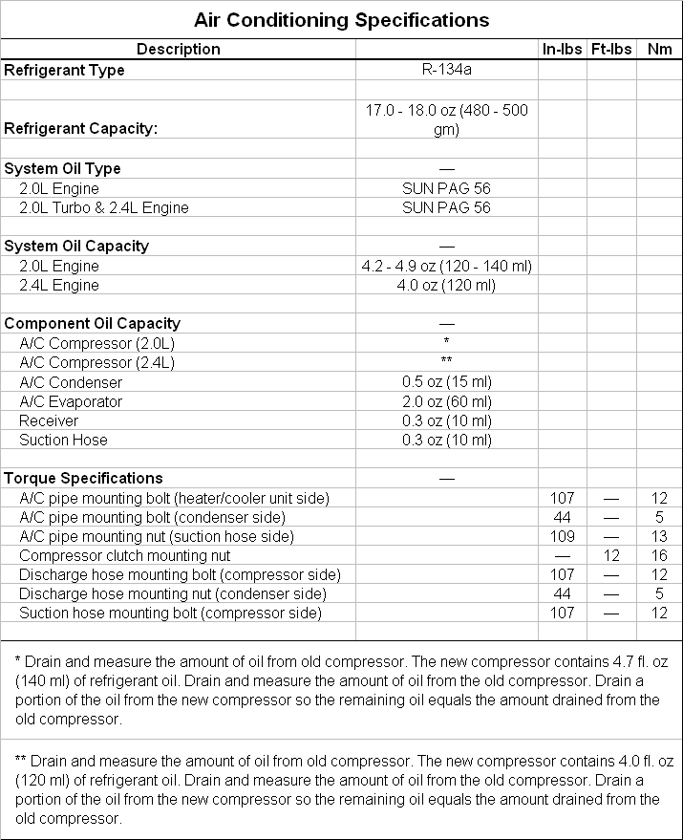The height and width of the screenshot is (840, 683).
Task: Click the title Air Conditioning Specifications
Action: pos(341,19)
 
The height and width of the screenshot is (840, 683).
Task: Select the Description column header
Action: pos(178,49)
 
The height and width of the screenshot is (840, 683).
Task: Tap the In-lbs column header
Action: pos(563,49)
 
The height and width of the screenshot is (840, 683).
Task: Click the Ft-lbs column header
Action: pos(611,49)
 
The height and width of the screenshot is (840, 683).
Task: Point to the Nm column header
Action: pos(659,49)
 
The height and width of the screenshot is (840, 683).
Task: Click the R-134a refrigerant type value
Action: pos(446,70)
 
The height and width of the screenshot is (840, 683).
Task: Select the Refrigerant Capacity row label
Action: pos(81,128)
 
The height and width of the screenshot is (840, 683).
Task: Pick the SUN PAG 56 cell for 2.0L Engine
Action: pos(446,188)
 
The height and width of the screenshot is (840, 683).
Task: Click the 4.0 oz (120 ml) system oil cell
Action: pos(446,285)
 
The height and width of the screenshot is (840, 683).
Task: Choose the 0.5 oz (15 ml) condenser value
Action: pos(446,382)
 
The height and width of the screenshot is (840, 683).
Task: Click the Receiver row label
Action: pos(49,420)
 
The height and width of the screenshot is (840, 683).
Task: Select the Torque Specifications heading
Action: pos(84,478)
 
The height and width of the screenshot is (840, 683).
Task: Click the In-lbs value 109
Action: pos(563,536)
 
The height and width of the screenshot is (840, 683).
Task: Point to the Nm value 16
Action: pos(659,555)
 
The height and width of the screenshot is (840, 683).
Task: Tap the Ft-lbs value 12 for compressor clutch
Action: pos(611,555)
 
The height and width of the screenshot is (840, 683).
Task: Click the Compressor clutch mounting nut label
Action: pos(124,555)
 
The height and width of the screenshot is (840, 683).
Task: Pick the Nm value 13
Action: pos(659,536)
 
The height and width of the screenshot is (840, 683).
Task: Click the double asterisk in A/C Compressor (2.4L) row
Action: pos(446,361)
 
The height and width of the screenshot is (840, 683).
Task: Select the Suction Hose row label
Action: pos(63,440)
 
